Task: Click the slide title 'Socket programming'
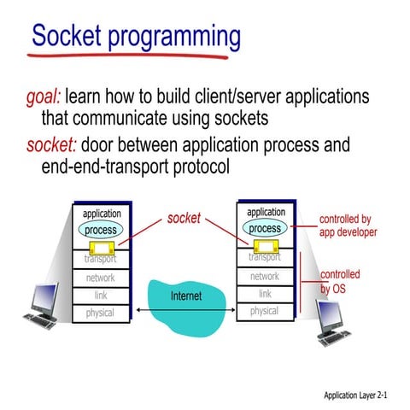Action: pyautogui.click(x=136, y=37)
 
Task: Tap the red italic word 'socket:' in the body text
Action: pyautogui.click(x=48, y=144)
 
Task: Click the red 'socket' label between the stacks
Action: pyautogui.click(x=184, y=219)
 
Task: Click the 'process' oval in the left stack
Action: pyautogui.click(x=101, y=231)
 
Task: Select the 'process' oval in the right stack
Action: pyautogui.click(x=265, y=228)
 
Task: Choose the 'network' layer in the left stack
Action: pyautogui.click(x=101, y=278)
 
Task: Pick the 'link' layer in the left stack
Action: pyautogui.click(x=101, y=296)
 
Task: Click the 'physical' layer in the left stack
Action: pyautogui.click(x=101, y=313)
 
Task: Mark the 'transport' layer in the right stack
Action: pyautogui.click(x=265, y=257)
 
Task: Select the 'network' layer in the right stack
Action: pyautogui.click(x=265, y=276)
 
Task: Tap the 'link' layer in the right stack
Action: pyautogui.click(x=265, y=294)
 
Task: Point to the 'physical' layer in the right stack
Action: pyautogui.click(x=265, y=311)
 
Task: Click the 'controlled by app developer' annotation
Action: pyautogui.click(x=348, y=225)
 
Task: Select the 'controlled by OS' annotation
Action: pyautogui.click(x=340, y=282)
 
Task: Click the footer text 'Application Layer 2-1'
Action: pyautogui.click(x=360, y=395)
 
